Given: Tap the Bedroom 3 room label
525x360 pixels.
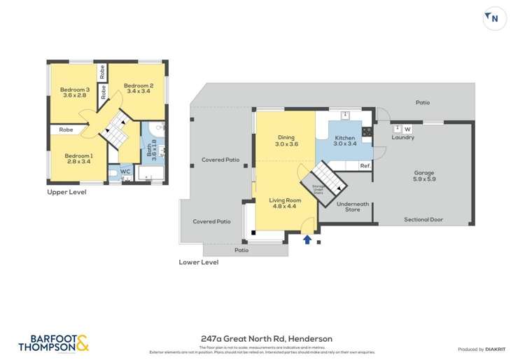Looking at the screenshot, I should [74, 92].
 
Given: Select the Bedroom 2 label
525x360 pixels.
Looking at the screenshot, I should [139, 88].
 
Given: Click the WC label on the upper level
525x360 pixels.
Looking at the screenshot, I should [125, 171].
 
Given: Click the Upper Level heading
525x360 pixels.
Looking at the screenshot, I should [66, 191].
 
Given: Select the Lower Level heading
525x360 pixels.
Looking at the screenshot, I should [198, 263].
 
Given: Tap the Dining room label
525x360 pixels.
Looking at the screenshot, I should [286, 141].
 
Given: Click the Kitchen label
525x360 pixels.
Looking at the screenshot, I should [345, 141].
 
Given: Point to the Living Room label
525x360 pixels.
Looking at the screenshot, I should [283, 204].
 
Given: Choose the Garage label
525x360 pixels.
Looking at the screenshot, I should [424, 176].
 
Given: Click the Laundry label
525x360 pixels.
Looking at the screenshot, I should [402, 137].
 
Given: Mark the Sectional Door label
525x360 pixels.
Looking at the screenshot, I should [423, 220].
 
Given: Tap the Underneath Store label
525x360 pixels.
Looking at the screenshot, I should [348, 207].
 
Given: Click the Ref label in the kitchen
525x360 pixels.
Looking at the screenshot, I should [364, 166].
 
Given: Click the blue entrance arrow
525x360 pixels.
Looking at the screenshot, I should [307, 240].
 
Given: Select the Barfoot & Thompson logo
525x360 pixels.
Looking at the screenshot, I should [53, 342].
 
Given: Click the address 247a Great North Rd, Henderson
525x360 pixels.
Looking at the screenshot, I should [262, 339].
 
